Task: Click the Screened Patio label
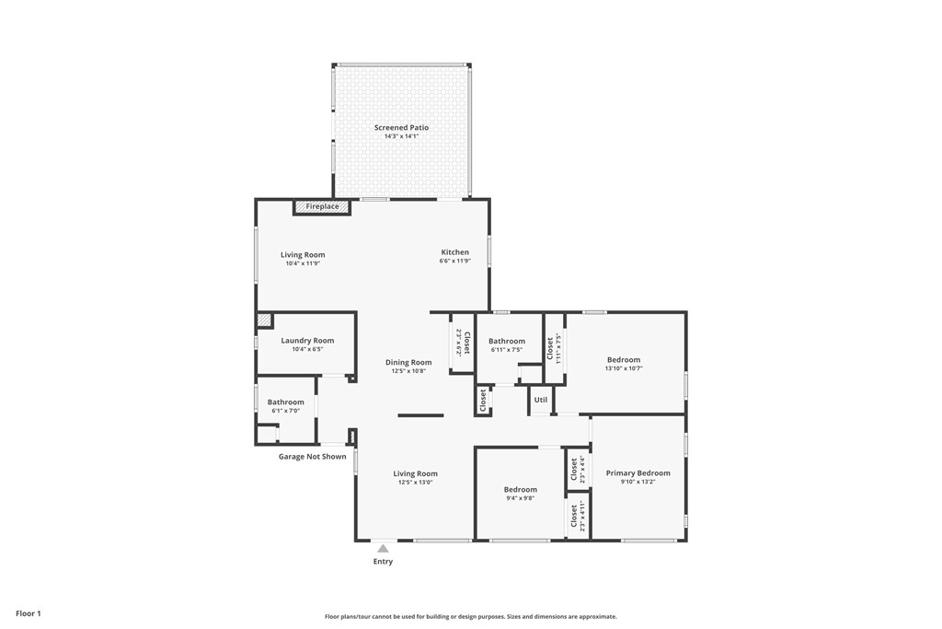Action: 401,127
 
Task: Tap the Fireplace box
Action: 322,207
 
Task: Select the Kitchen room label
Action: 454,252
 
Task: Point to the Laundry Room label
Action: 307,341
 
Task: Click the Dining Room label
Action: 408,362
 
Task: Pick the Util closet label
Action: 541,400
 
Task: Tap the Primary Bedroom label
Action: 638,472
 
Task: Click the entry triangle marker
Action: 383,549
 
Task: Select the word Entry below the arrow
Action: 383,562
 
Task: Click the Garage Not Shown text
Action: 313,457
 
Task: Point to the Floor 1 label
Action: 29,613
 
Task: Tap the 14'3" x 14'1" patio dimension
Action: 401,136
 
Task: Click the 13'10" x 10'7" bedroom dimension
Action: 624,368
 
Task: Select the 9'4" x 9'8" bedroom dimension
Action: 521,498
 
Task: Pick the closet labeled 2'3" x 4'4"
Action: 578,469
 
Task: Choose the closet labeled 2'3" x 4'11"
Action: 578,516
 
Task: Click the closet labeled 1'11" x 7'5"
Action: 554,348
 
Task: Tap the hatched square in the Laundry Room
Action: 264,320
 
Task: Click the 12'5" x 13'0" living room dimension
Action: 415,483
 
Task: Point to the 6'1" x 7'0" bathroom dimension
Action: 285,411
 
